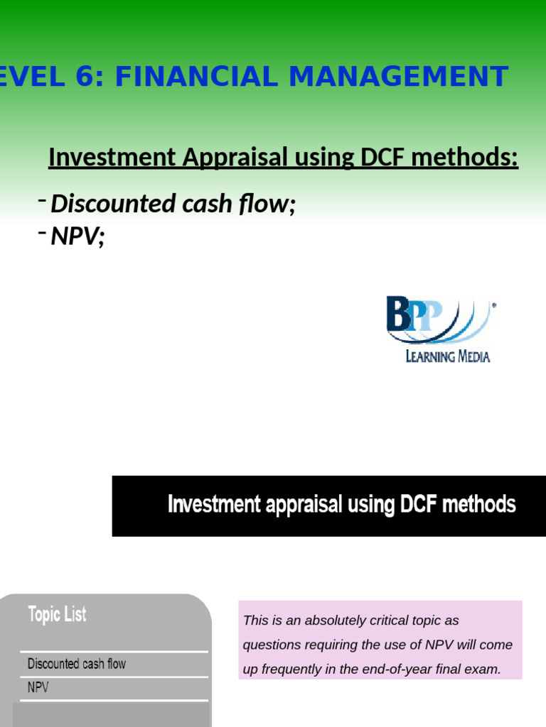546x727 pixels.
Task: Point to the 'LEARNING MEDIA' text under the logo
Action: tap(447, 356)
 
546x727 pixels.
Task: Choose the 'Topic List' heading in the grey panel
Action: tap(57, 614)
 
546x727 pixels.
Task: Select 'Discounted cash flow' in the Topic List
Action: tap(76, 664)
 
